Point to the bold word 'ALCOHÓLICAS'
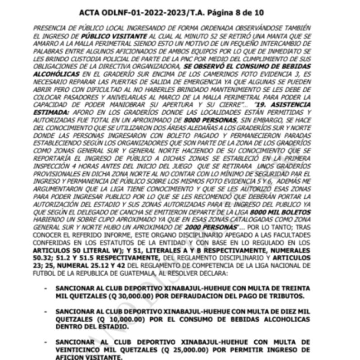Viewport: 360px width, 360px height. click(x=57, y=73)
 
